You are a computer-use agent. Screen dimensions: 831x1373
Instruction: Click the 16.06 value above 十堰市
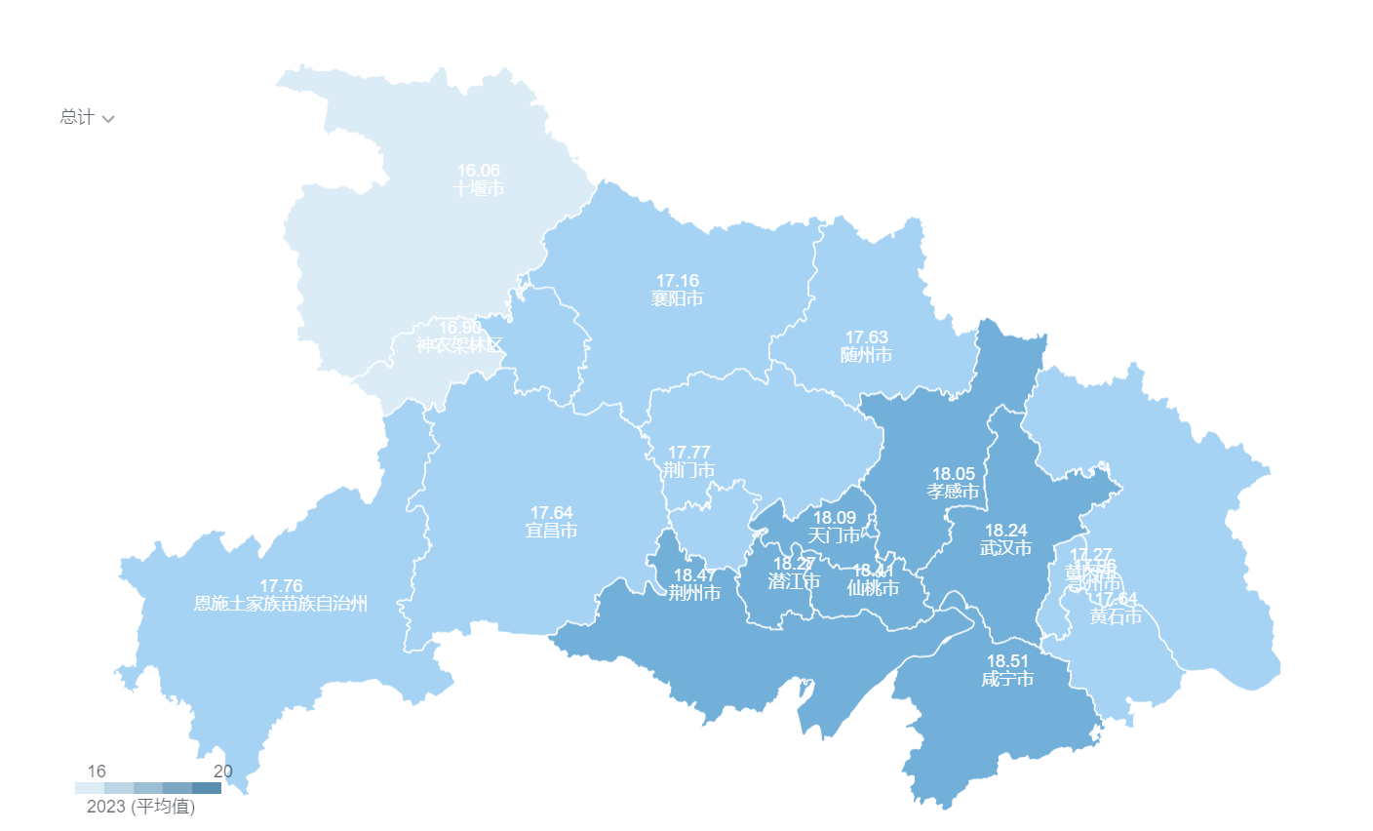pos(478,171)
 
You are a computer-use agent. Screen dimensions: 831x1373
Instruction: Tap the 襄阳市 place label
pos(677,298)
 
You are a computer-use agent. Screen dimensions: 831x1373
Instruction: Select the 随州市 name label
pos(866,355)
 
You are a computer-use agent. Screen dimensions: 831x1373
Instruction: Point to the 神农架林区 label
pos(458,345)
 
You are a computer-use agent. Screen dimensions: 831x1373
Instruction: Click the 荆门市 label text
pos(688,470)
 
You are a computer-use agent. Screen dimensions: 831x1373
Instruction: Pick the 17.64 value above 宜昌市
pos(551,513)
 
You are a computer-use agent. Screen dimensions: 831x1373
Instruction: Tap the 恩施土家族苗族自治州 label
pos(281,604)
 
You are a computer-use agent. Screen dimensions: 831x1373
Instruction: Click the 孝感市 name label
pos(953,492)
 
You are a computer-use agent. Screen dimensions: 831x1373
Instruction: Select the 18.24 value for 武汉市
pos(1005,531)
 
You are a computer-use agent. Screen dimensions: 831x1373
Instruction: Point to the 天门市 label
pos(834,535)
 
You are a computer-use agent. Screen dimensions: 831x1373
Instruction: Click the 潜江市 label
pos(794,581)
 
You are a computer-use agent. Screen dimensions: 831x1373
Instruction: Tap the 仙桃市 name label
pos(873,588)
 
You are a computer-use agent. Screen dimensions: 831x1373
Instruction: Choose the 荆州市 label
pos(694,593)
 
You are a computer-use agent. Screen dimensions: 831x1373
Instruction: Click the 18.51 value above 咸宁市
pos(1007,661)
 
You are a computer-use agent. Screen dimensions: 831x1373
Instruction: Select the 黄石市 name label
pos(1116,616)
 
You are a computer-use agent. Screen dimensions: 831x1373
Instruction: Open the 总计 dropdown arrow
pos(108,119)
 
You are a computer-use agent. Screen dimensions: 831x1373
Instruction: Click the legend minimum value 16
pos(97,772)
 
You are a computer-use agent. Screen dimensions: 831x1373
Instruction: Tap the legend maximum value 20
pos(223,772)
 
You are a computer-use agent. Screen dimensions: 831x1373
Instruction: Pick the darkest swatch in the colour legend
pos(207,788)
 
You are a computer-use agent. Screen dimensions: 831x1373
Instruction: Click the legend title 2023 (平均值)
pos(140,807)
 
